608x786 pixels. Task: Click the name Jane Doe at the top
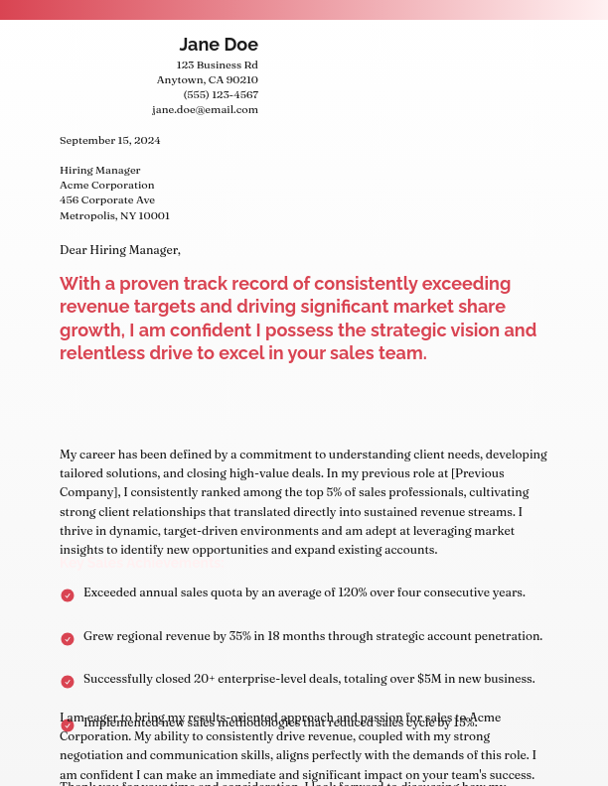click(219, 45)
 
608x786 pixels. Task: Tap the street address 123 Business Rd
click(217, 65)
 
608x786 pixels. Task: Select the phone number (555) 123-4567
click(221, 95)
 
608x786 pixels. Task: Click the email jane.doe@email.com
click(205, 110)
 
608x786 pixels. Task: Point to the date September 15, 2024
click(109, 141)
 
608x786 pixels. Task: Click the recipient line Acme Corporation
click(107, 186)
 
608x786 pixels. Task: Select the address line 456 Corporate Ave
click(107, 200)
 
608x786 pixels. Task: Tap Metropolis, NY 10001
click(114, 216)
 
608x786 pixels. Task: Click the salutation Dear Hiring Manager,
click(120, 250)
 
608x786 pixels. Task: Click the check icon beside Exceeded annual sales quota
click(68, 595)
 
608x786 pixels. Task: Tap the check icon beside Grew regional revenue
click(68, 639)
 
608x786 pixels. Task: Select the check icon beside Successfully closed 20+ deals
click(68, 682)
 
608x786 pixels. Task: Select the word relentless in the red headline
click(104, 354)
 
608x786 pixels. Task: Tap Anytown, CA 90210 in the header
click(207, 80)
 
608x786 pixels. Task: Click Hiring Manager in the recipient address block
click(99, 171)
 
